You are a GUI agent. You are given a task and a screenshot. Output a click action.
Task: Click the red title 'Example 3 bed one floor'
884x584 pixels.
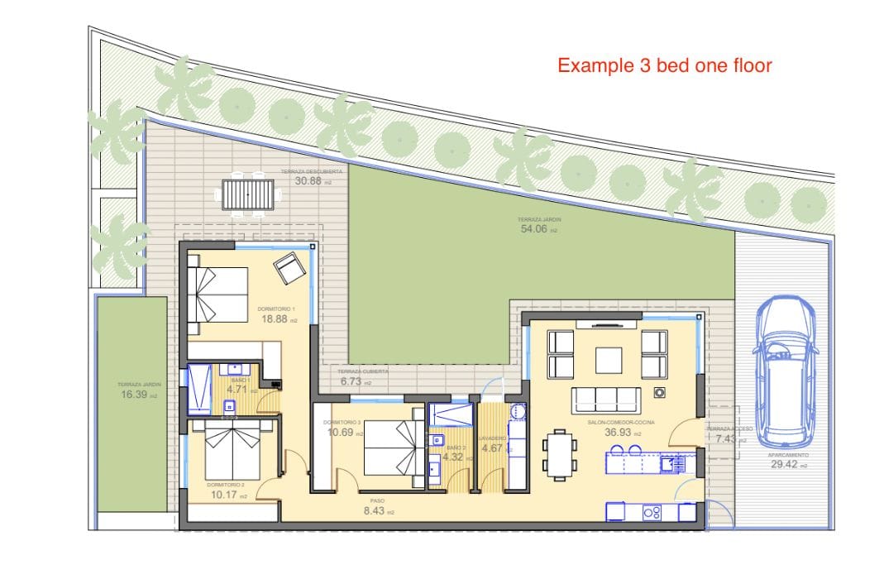point(665,65)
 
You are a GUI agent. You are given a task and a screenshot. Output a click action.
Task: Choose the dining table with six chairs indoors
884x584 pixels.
point(560,454)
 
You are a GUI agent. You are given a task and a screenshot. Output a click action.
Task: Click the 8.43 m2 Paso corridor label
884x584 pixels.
point(380,511)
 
